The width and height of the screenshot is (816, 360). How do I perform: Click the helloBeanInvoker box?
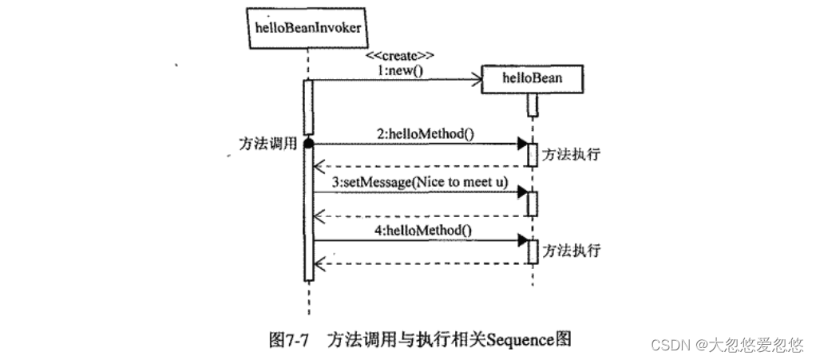point(307,27)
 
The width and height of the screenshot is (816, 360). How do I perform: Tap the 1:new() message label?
point(400,70)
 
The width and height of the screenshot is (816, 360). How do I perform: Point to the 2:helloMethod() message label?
point(424,133)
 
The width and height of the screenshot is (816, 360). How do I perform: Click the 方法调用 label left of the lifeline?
point(268,144)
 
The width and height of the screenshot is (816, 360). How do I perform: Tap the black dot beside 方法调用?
point(308,144)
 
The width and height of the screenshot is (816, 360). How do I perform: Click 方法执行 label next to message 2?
point(570,154)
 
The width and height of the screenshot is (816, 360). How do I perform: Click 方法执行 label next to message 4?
point(570,250)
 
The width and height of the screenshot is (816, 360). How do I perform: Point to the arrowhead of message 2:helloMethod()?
point(522,144)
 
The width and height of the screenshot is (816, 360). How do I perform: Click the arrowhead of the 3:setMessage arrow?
point(522,192)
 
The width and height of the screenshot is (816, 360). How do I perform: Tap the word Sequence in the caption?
point(522,338)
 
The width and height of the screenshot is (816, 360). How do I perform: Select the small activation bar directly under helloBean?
point(531,105)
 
